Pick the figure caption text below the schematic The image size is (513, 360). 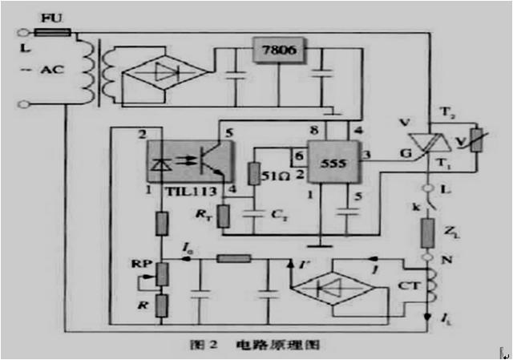point(254,346)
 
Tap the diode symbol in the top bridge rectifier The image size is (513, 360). point(164,72)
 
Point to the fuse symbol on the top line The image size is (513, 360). point(52,32)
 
